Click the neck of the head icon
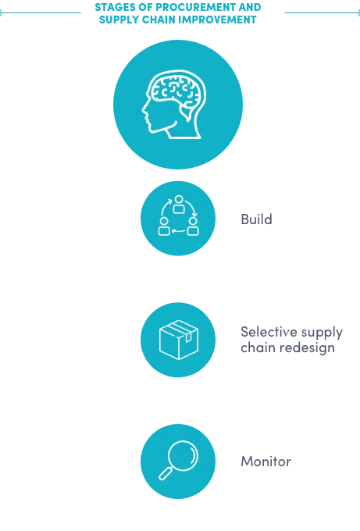point(183,129)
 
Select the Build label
point(256,219)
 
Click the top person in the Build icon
point(179,205)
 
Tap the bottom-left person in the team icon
point(164,226)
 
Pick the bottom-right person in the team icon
point(193,226)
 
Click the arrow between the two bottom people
point(179,231)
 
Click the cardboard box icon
point(179,340)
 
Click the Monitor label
point(266,462)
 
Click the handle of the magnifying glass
point(166,473)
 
